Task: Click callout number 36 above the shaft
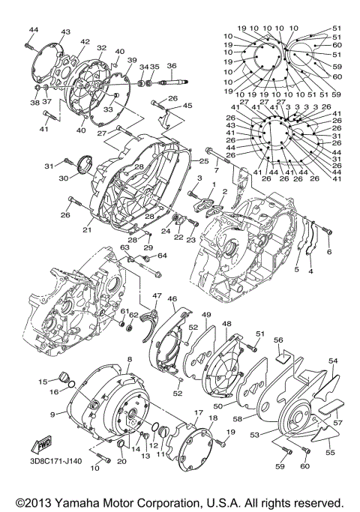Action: coord(171,66)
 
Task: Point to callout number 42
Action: coord(85,42)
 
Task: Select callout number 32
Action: coord(101,47)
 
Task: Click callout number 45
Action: coord(187,106)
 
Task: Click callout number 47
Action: coord(157,296)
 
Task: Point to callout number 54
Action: coord(333,361)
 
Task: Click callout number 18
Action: coord(213,418)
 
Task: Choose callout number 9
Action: coord(53,414)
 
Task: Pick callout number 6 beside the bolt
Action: coord(328,252)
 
